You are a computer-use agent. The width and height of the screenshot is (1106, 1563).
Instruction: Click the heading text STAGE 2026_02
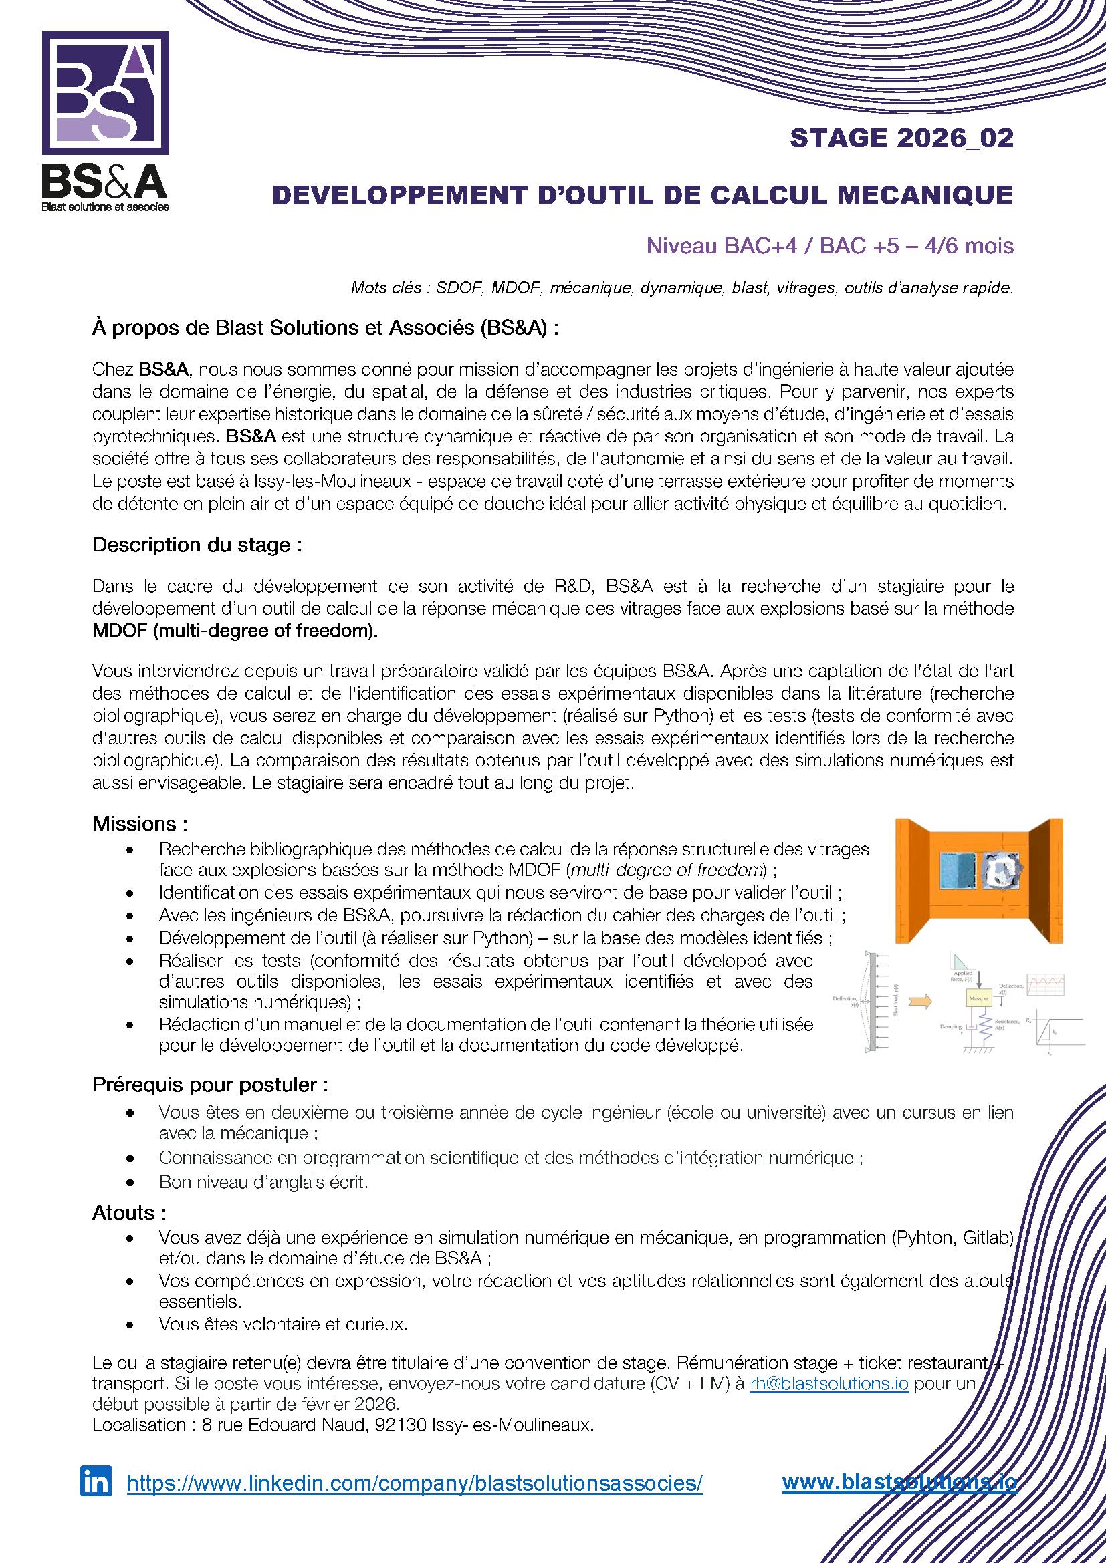901,138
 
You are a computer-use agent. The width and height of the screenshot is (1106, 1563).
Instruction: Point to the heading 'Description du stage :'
197,545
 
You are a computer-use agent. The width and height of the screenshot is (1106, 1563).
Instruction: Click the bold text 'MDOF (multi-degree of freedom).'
235,631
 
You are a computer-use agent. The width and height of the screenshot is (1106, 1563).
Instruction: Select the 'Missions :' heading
140,824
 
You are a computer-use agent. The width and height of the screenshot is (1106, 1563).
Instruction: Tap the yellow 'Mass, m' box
980,998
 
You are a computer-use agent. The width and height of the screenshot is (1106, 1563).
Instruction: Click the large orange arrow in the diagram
921,1002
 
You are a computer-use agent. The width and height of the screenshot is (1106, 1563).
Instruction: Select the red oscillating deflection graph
1045,984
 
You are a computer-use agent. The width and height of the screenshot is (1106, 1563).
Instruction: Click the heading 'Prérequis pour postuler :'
211,1085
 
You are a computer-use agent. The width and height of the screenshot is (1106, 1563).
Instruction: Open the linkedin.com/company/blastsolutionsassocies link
415,1483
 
